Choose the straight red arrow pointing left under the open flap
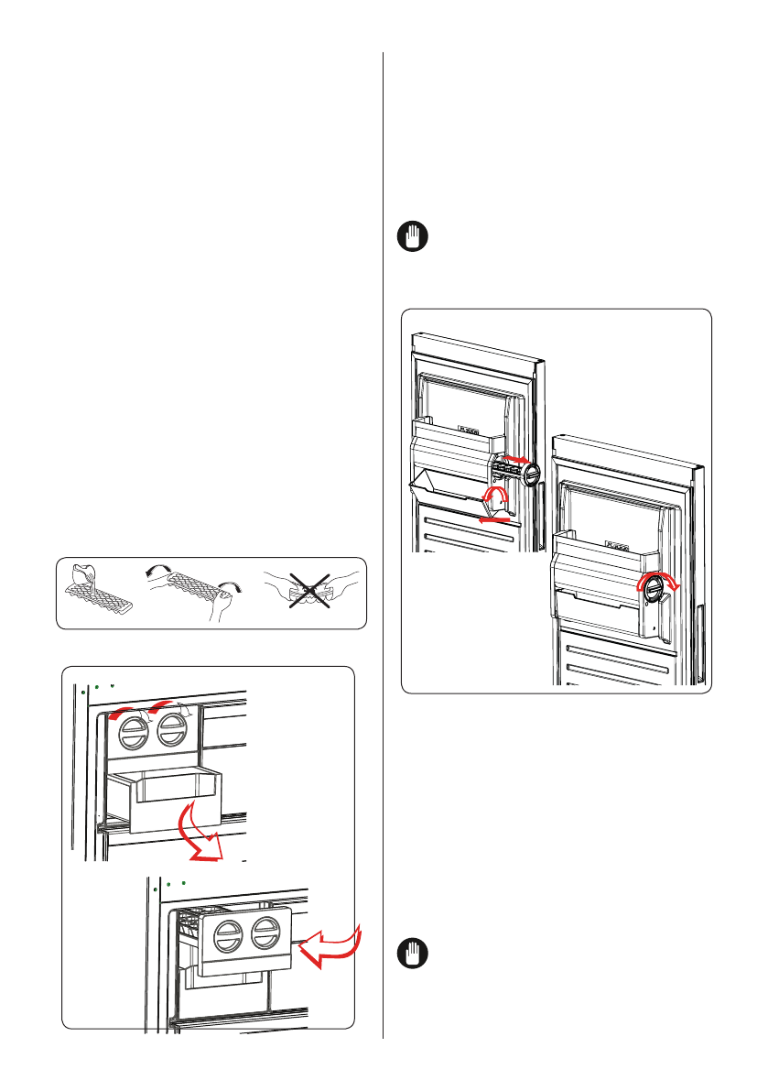tap(494, 518)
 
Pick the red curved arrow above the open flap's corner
tap(497, 496)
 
